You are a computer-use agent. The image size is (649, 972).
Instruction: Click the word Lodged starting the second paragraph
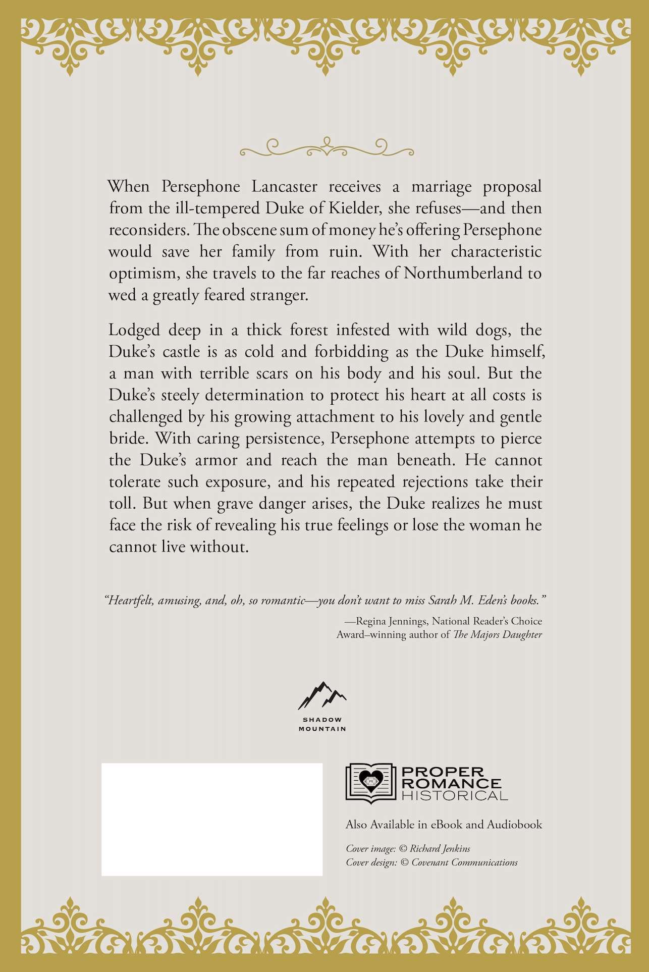click(133, 331)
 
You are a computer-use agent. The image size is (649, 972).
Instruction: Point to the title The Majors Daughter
click(498, 634)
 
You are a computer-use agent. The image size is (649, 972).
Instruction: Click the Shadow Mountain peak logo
click(322, 695)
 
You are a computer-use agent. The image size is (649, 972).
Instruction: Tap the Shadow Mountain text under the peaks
click(322, 724)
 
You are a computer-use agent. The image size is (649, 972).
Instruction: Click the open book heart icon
click(370, 783)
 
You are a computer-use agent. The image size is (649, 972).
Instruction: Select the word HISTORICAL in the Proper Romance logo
click(454, 795)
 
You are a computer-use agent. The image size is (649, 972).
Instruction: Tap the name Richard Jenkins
click(440, 849)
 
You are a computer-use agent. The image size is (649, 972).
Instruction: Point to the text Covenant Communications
click(464, 862)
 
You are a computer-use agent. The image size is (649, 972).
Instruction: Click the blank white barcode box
click(212, 819)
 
